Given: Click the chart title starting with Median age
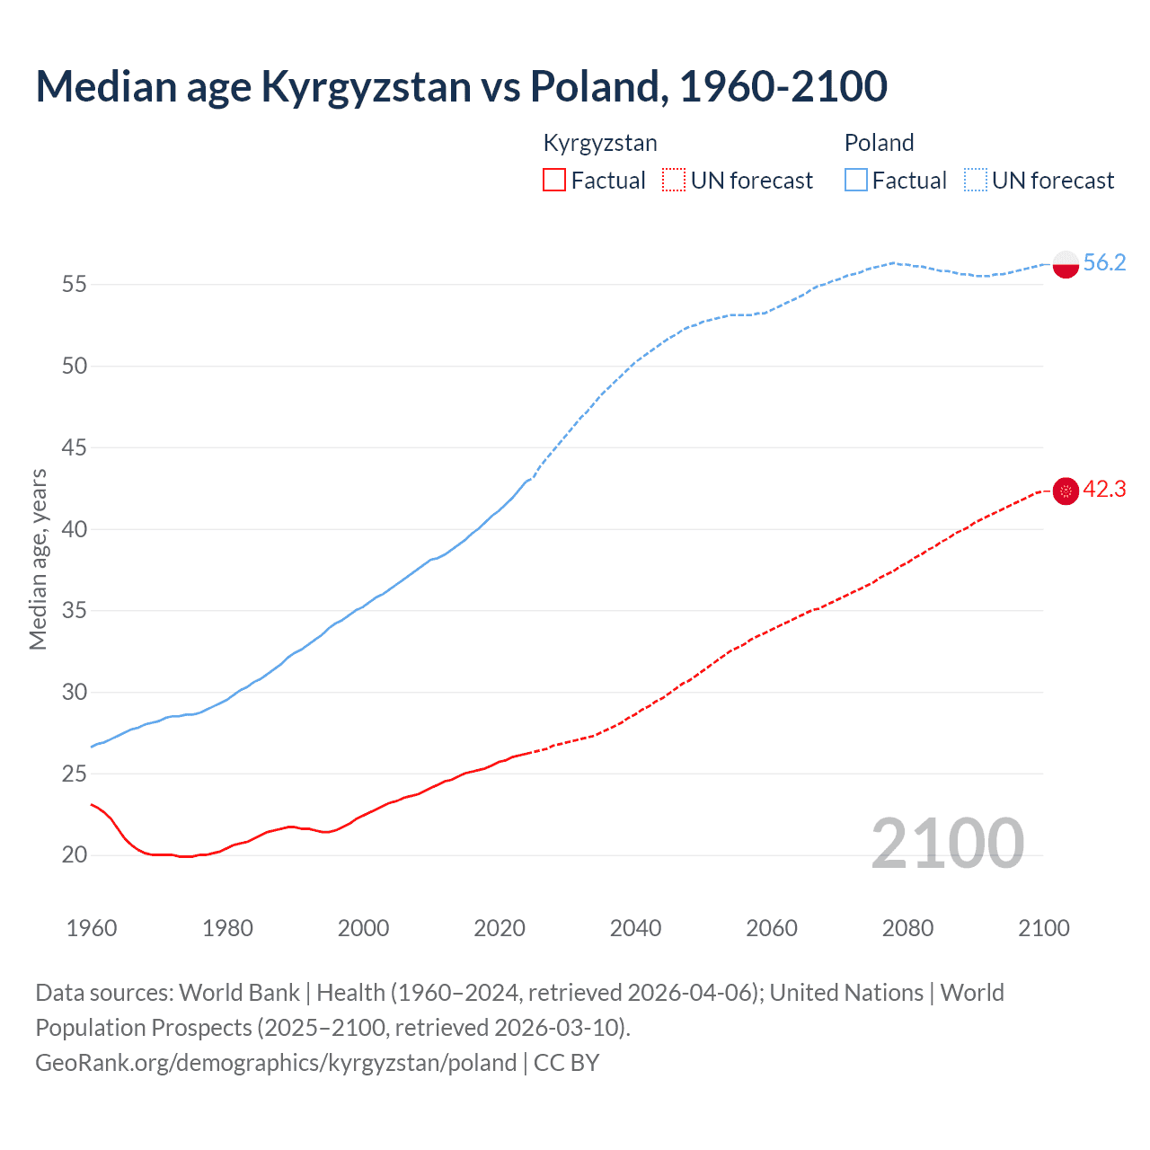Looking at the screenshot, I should click(x=461, y=86).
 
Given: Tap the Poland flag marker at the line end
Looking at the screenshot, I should click(x=1065, y=264).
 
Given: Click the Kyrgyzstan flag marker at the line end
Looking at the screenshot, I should click(x=1065, y=491).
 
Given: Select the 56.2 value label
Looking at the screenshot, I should click(x=1104, y=262).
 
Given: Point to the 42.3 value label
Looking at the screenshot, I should click(x=1104, y=490).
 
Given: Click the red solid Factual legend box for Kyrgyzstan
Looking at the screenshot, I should click(x=554, y=181).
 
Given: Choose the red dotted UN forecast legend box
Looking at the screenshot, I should click(x=674, y=181).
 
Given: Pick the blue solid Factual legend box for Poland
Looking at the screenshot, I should click(x=856, y=181).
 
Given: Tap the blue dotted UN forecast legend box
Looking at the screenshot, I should click(x=976, y=181).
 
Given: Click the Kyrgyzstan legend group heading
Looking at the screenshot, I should click(x=600, y=143).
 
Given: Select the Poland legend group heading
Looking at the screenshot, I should click(x=879, y=143).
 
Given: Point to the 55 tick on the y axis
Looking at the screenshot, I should click(x=74, y=285).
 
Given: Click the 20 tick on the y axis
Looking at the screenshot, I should click(x=74, y=855).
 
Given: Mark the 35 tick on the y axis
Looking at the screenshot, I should click(x=74, y=611).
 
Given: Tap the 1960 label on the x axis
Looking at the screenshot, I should click(x=92, y=928).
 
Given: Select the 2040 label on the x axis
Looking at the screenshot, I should click(x=635, y=928).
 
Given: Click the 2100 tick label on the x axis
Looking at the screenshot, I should click(x=1043, y=928).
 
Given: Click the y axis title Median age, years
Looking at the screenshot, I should click(x=38, y=559).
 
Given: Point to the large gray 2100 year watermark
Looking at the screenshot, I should click(x=947, y=843).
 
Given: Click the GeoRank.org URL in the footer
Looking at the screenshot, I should click(x=276, y=1063).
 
